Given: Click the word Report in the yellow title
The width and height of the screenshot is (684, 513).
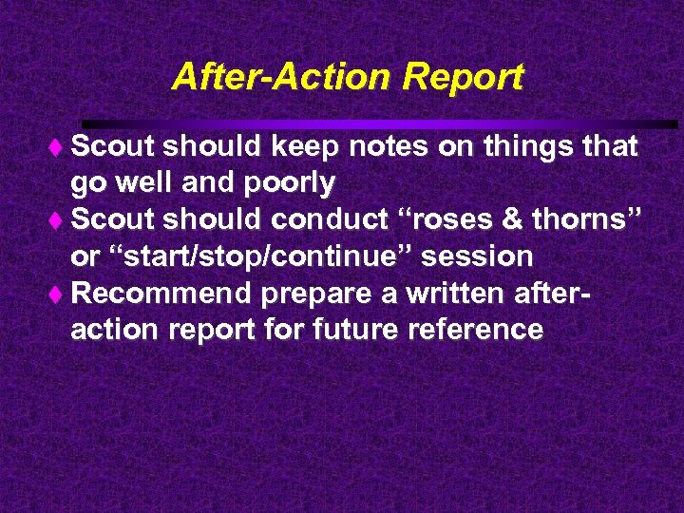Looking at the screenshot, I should pos(464,78).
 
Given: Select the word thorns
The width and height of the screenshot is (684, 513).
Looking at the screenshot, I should pos(589,219).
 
